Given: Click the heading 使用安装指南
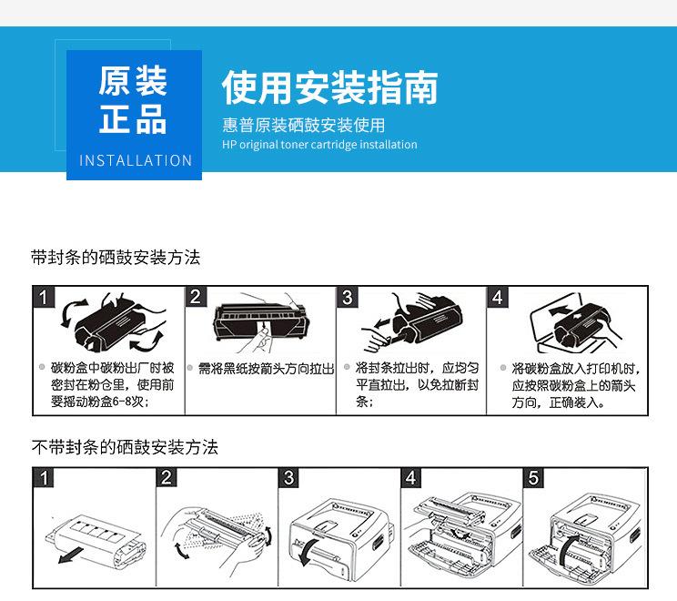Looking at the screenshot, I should point(329,87).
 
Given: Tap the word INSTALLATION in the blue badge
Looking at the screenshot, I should point(136,160).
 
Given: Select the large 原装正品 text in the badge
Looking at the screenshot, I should point(134,99).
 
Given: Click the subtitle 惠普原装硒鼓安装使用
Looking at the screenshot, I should point(304,125).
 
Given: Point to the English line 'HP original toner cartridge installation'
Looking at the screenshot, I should point(319,145).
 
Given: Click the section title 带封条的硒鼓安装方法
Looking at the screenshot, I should point(116,258).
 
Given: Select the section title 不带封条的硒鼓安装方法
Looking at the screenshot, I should point(125,447).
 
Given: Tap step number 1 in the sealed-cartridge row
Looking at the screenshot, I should point(45,297).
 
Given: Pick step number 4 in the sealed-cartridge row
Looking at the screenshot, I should point(498,297).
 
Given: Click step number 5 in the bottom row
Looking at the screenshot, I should point(534,478).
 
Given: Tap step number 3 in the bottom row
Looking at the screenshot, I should point(289,478).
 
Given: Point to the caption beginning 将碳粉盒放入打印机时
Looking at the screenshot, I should point(573,384).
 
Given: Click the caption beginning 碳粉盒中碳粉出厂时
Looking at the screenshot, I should point(112,384).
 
